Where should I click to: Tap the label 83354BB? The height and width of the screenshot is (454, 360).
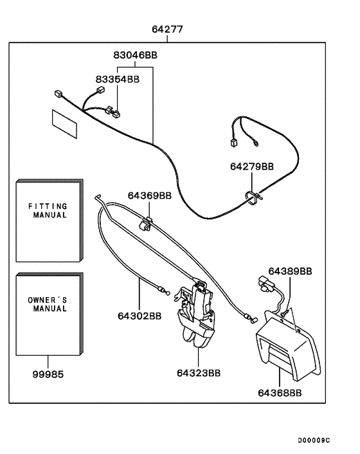pos(117,79)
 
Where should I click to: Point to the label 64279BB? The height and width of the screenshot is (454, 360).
pos(252,167)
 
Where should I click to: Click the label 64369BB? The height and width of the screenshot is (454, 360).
pos(149,195)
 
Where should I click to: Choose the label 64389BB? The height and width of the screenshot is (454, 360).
pos(290,271)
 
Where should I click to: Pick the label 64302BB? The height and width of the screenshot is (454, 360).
pos(139,316)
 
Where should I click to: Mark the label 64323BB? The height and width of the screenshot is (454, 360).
pos(199,372)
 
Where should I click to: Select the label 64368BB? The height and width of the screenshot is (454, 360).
pos(280,392)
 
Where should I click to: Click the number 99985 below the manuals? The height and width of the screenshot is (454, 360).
pos(48,374)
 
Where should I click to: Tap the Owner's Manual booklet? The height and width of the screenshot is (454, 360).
pos(49,313)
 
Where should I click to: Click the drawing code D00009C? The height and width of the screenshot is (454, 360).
pos(313,440)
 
